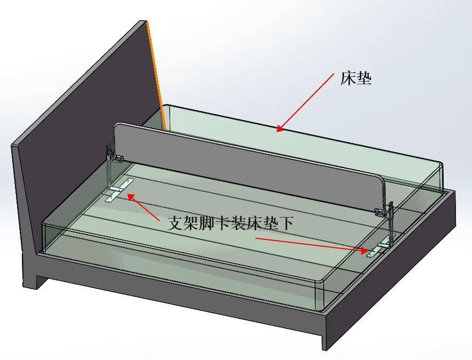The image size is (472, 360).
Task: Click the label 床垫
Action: click(x=356, y=78)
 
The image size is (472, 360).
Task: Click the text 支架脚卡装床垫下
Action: click(x=230, y=223)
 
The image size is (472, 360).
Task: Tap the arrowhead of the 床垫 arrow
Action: click(x=280, y=129)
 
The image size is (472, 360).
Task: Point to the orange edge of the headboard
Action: click(x=156, y=75)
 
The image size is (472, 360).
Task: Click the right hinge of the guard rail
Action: click(x=385, y=210)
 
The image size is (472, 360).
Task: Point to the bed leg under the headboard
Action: click(x=31, y=274)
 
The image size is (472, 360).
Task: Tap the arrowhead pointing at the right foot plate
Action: click(x=364, y=251)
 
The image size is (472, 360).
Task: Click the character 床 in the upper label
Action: click(x=348, y=78)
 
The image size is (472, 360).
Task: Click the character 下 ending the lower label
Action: click(x=285, y=223)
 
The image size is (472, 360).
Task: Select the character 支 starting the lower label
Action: click(x=175, y=223)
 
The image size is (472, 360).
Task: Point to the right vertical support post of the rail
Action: click(x=391, y=229)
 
